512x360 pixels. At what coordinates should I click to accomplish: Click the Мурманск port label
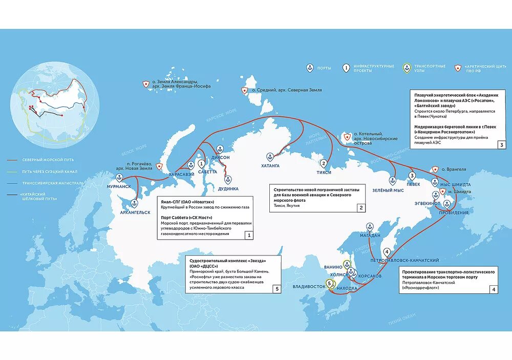click(119, 187)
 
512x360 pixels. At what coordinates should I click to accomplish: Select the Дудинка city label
click(228, 188)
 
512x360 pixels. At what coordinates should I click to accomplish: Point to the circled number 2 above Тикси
click(324, 164)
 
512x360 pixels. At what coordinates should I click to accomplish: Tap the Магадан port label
click(369, 235)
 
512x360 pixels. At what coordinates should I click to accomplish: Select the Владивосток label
click(309, 287)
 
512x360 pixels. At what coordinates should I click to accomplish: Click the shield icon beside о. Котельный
click(348, 138)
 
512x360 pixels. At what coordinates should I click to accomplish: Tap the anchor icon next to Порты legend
click(309, 68)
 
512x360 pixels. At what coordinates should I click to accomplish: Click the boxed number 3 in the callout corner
click(502, 145)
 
